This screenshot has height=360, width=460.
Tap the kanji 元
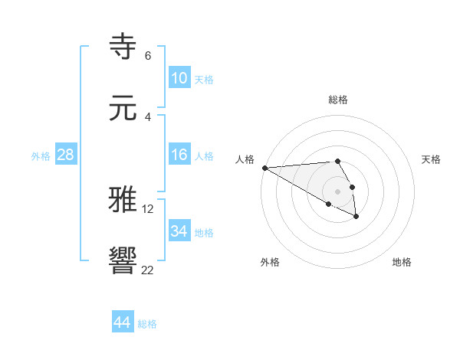(123, 109)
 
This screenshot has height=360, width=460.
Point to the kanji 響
(123, 261)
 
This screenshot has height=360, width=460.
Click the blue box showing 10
(179, 79)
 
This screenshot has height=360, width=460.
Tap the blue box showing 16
(179, 155)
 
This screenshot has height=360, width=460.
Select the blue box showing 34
(179, 231)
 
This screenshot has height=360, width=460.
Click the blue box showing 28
(65, 155)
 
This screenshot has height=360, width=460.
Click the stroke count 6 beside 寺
(147, 56)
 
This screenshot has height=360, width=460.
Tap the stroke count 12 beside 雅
(149, 208)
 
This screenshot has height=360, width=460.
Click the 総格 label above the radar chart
(338, 100)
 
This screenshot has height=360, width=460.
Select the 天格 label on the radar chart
(432, 159)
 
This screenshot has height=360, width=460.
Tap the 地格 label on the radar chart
(402, 262)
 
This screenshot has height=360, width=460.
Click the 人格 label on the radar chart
(245, 159)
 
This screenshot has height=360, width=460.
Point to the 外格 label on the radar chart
(270, 262)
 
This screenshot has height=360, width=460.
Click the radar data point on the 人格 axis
(264, 168)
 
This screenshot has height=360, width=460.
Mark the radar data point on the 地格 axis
(356, 217)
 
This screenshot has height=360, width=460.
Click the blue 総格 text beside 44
(147, 324)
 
